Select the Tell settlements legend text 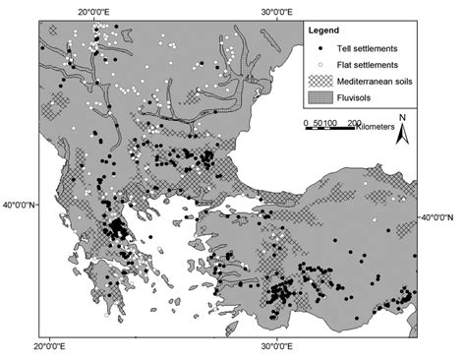pos(370,48)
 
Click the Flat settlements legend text pos(370,65)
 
